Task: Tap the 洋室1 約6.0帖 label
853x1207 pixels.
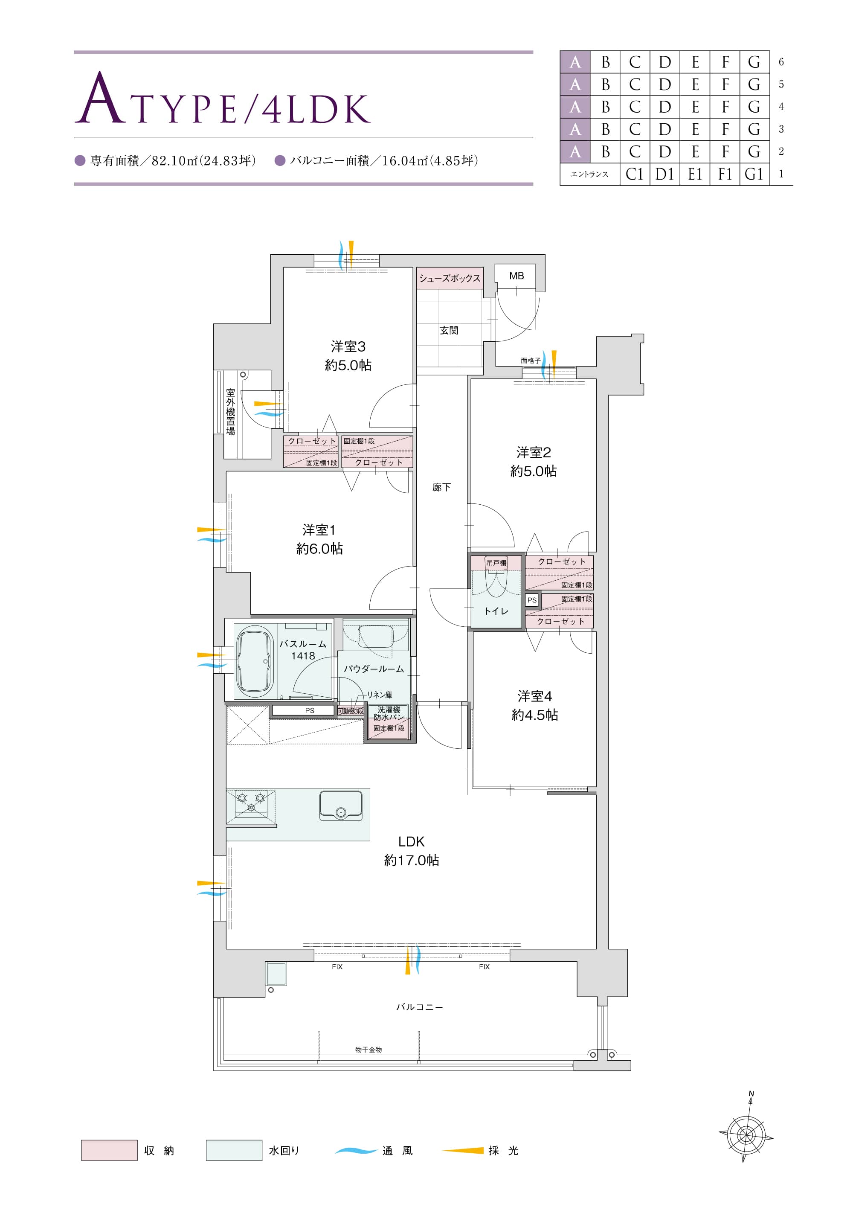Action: coord(319,539)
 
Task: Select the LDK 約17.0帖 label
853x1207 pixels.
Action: coord(412,851)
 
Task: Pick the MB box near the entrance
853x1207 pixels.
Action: coord(516,276)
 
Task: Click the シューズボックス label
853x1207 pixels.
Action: coord(450,278)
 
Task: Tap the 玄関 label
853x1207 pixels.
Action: coord(449,330)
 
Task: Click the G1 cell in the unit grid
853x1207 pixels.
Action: coord(754,174)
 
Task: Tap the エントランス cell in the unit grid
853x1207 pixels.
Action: coord(590,174)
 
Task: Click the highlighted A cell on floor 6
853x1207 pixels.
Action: coord(575,62)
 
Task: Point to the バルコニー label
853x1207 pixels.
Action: coord(419,1007)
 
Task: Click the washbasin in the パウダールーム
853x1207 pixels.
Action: coord(375,636)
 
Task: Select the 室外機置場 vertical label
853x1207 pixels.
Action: coord(231,412)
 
